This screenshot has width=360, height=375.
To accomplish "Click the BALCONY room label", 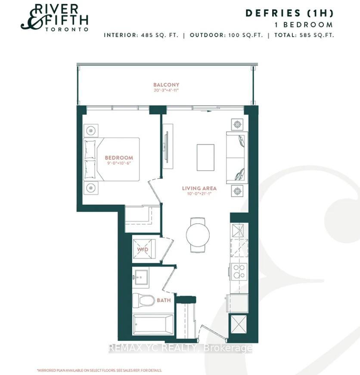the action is coord(166,84).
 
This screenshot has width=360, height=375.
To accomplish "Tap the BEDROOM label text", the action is coord(119,158).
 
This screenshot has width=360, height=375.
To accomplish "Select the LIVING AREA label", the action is coord(199,188).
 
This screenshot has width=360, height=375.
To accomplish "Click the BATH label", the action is coord(164,300).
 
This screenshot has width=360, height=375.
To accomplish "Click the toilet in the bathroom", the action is coord(143,300).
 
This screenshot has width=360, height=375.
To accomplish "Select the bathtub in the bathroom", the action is coord(153,325).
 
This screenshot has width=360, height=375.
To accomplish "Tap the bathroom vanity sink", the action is coord(141,277).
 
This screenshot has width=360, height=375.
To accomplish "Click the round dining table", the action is coord(198,234).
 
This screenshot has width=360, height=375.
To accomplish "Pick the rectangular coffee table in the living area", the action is coord(205,157).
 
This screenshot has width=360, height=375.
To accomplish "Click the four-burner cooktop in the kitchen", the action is coord(239,272).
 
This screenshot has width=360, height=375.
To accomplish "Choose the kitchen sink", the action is coord(238,231).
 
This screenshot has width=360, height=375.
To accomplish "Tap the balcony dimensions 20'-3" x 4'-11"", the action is coord(166,91).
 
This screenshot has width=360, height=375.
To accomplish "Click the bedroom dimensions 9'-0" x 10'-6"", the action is coord(119,163).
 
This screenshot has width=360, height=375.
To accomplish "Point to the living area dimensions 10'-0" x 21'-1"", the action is coord(199,194).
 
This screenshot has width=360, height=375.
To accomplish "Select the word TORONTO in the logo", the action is coord(67,29).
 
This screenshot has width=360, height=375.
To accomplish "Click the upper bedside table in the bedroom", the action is coord(91,131).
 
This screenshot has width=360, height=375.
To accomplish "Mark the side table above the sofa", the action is coord(237,125).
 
